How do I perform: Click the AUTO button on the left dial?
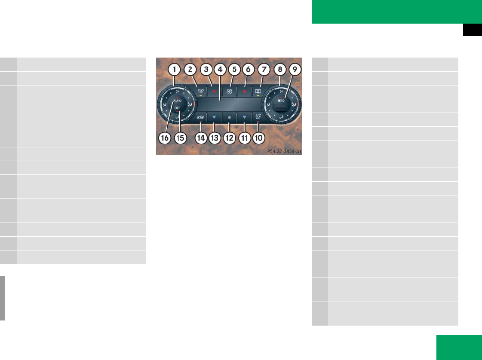tap(177, 100)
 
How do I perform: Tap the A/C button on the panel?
tap(258, 116)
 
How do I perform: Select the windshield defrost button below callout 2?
tap(200, 91)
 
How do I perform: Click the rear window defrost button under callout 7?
tap(258, 91)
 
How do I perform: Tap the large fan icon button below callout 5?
tap(229, 91)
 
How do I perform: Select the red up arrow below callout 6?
tap(244, 91)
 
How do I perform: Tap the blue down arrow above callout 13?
tap(214, 116)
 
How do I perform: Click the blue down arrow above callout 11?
tap(244, 116)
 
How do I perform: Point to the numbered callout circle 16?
tap(164, 138)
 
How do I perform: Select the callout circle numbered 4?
tap(220, 69)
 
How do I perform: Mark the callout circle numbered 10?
tap(258, 138)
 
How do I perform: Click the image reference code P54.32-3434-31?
tap(284, 151)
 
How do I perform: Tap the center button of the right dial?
tap(281, 104)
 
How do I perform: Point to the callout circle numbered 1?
tap(174, 69)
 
